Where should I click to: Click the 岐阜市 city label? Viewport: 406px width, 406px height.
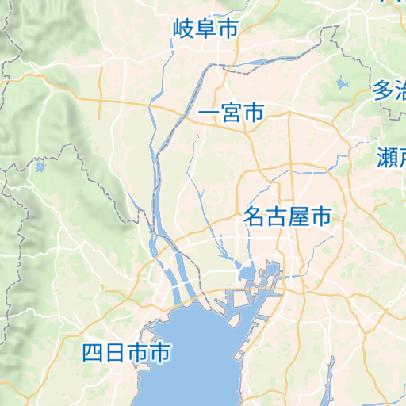[206, 30]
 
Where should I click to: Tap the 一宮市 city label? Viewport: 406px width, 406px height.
[231, 113]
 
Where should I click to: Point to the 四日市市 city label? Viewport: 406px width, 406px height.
[127, 353]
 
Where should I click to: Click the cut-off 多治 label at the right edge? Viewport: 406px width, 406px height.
[389, 90]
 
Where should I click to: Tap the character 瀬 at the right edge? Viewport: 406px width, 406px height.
[387, 158]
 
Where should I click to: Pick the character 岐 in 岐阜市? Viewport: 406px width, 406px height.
[184, 30]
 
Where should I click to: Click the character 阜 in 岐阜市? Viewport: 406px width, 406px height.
[206, 30]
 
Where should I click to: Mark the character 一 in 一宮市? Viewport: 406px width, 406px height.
[209, 113]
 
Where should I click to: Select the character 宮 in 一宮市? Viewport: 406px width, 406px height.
[231, 113]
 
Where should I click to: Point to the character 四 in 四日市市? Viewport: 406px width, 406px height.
[94, 353]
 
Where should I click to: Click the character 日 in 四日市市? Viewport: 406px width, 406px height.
[116, 353]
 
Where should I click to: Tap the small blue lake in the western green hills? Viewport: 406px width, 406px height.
[40, 167]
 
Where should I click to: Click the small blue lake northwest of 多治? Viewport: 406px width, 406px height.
[343, 82]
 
